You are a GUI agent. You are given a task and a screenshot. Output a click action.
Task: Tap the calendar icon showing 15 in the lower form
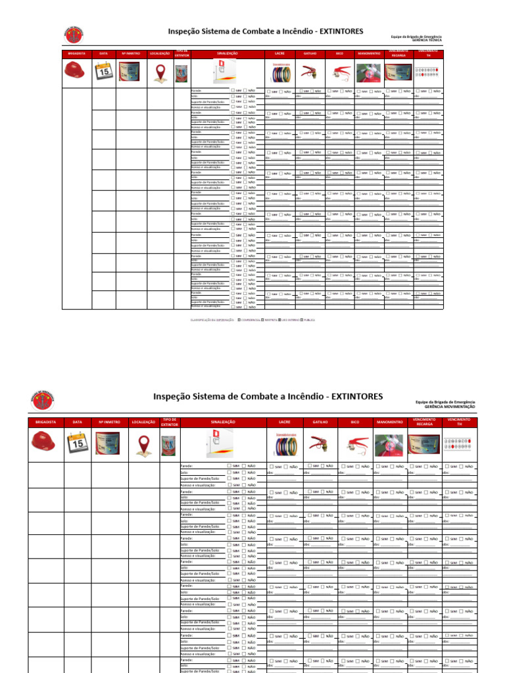click(x=78, y=444)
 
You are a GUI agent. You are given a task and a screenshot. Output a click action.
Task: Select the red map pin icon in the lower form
click(x=143, y=444)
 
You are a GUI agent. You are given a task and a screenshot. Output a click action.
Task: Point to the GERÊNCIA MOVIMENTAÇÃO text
click(x=450, y=407)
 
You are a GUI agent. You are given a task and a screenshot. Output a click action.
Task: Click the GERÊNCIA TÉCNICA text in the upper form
click(x=427, y=39)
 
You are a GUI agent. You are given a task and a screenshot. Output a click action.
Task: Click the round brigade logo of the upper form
click(x=73, y=34)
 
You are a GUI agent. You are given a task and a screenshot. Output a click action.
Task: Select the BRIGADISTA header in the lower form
click(x=45, y=421)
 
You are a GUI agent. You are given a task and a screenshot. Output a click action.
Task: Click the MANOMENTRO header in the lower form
click(x=390, y=421)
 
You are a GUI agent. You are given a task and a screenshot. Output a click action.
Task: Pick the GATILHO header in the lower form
click(x=320, y=421)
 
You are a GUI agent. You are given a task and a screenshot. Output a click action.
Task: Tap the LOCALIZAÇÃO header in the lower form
click(x=143, y=421)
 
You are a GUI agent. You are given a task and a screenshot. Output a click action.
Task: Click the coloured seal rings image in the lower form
click(x=284, y=444)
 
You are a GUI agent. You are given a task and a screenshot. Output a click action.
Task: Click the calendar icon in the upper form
click(x=103, y=71)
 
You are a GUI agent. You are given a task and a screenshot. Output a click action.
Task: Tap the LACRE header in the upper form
click(x=279, y=53)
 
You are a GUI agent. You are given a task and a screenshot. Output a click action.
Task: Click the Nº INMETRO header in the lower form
click(x=109, y=421)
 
